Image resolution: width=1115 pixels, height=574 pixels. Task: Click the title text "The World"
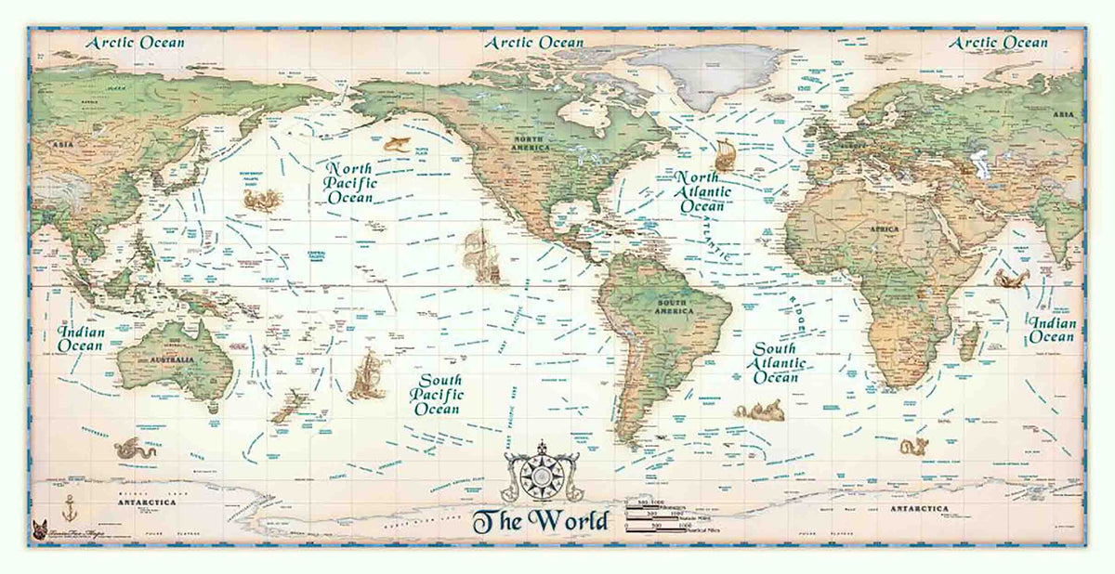point(540,521)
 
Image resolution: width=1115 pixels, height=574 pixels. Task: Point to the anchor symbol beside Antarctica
point(67,507)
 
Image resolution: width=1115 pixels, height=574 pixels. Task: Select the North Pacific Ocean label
point(348,183)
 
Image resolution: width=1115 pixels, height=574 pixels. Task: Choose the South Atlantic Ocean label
point(776,363)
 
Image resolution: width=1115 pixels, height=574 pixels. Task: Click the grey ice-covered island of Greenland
point(715,74)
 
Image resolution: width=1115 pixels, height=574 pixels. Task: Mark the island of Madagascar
point(968,342)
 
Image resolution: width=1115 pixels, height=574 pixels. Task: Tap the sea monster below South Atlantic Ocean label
point(759,410)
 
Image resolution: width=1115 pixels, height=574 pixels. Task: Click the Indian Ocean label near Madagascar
point(1051,330)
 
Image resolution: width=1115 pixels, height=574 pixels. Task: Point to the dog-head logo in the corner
point(39,527)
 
